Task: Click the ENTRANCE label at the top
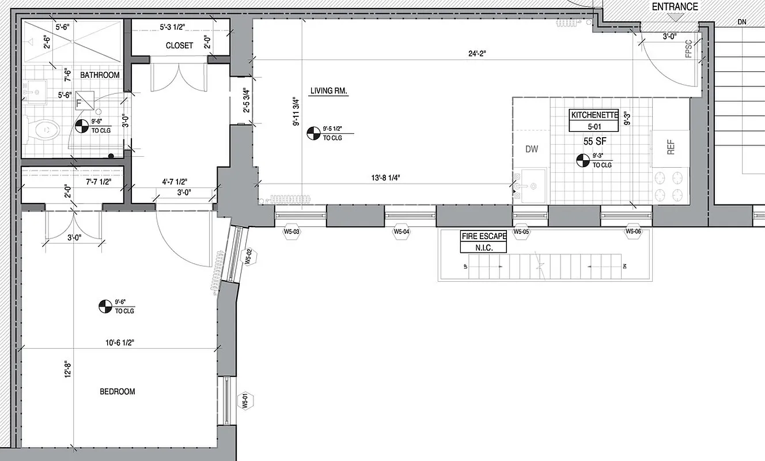click(x=675, y=7)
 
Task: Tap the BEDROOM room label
click(x=117, y=392)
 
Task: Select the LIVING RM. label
click(x=330, y=91)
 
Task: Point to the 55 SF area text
click(x=594, y=140)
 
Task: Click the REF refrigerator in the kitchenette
click(x=671, y=148)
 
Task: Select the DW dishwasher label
click(x=531, y=149)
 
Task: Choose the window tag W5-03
click(x=292, y=232)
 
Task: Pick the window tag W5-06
click(x=634, y=232)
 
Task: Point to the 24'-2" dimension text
click(x=477, y=54)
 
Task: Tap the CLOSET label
click(x=179, y=46)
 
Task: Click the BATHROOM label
click(x=100, y=75)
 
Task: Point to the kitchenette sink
click(x=530, y=186)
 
